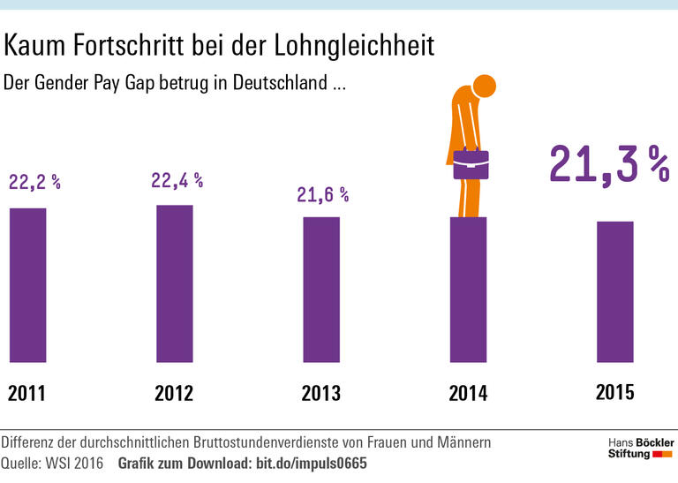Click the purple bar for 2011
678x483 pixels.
click(x=27, y=284)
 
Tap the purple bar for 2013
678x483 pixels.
click(x=321, y=289)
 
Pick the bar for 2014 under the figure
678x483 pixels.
click(x=468, y=289)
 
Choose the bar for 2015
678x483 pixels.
click(x=615, y=291)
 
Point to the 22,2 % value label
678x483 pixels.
click(x=34, y=183)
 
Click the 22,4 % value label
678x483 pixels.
click(x=177, y=180)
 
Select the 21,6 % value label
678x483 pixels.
click(x=322, y=194)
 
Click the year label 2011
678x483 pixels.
click(x=26, y=393)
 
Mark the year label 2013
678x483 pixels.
click(x=321, y=393)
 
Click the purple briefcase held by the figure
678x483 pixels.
click(x=471, y=163)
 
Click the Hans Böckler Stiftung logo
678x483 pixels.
click(x=641, y=447)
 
